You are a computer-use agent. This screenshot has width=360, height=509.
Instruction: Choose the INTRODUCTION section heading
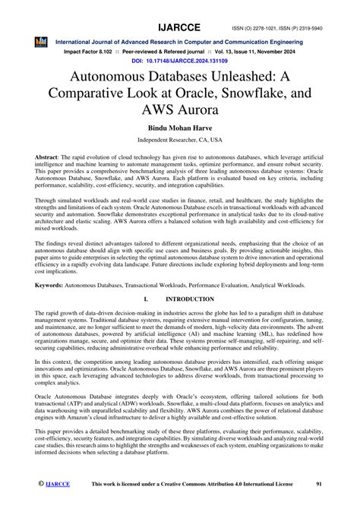point(187,322)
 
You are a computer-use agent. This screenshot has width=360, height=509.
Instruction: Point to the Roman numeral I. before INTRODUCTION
point(135,322)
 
